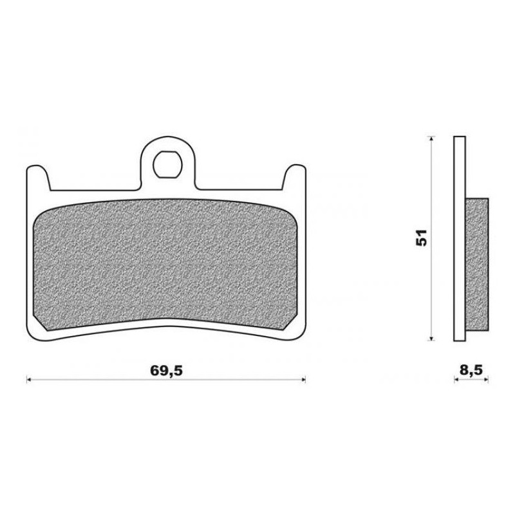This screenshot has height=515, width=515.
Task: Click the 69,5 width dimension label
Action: point(166,371)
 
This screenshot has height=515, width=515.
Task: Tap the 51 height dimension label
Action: point(422,238)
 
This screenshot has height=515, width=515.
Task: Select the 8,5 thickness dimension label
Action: point(471,370)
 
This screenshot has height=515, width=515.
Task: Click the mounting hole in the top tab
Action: point(167,164)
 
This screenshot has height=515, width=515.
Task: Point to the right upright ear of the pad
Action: point(294,178)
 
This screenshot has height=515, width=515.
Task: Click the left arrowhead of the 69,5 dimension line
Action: point(28,380)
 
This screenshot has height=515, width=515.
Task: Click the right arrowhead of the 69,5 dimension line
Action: point(303,380)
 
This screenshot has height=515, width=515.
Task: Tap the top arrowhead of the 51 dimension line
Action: point(431,139)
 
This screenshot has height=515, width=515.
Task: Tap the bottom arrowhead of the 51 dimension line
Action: point(431,339)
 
